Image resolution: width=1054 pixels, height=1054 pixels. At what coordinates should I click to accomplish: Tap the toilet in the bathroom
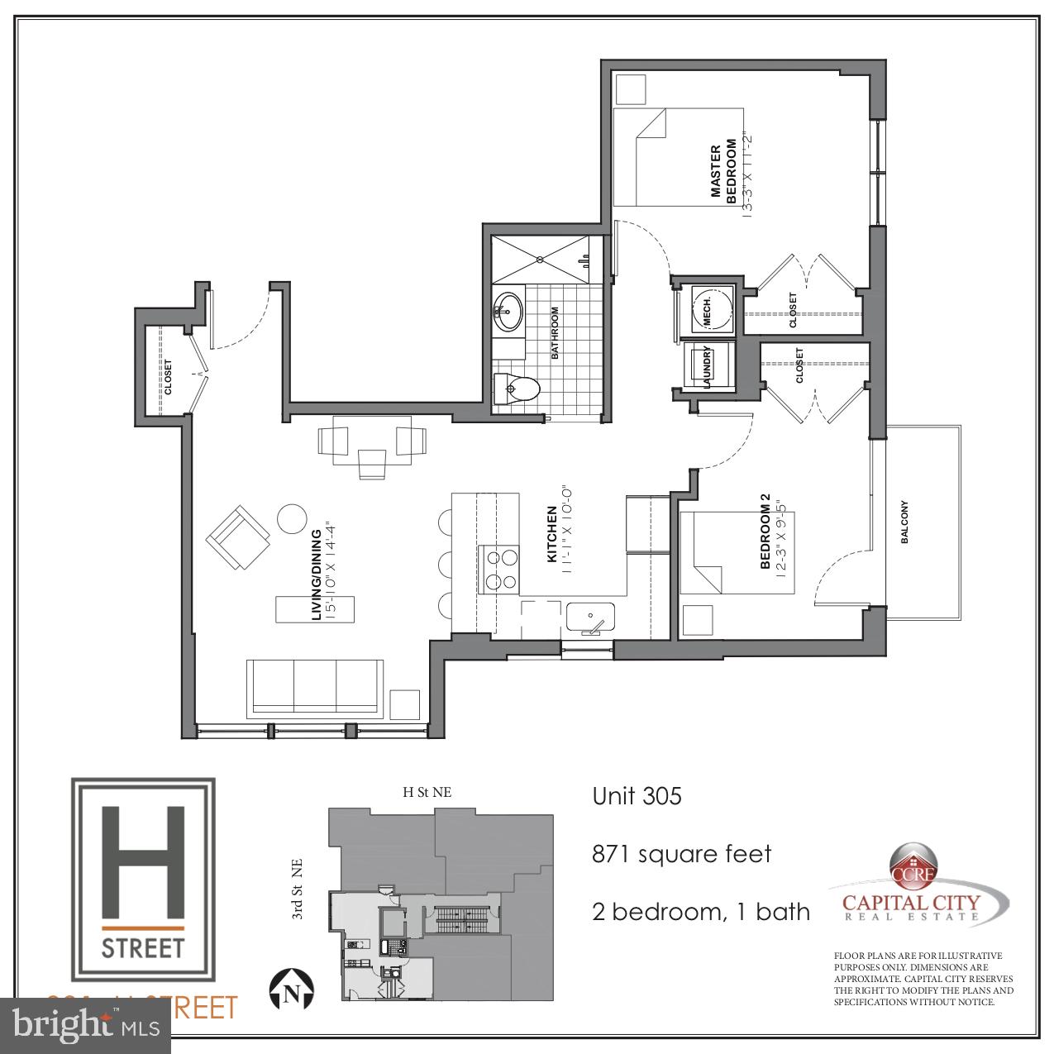pyautogui.click(x=517, y=386)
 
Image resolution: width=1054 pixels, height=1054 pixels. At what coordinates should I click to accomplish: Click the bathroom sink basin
pyautogui.click(x=508, y=311)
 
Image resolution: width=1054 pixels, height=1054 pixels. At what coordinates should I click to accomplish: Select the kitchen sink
pyautogui.click(x=590, y=617)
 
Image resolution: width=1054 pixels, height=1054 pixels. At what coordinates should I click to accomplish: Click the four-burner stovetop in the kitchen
pyautogui.click(x=498, y=570)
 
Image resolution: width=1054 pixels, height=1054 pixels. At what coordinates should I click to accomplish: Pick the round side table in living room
pyautogui.click(x=291, y=518)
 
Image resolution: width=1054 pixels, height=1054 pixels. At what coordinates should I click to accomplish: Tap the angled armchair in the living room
pyautogui.click(x=238, y=537)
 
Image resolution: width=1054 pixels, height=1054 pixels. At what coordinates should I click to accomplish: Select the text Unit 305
pyautogui.click(x=637, y=796)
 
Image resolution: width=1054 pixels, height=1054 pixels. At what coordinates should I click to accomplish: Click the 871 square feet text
pyautogui.click(x=681, y=854)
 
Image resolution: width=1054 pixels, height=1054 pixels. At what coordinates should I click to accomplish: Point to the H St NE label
pyautogui.click(x=427, y=792)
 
